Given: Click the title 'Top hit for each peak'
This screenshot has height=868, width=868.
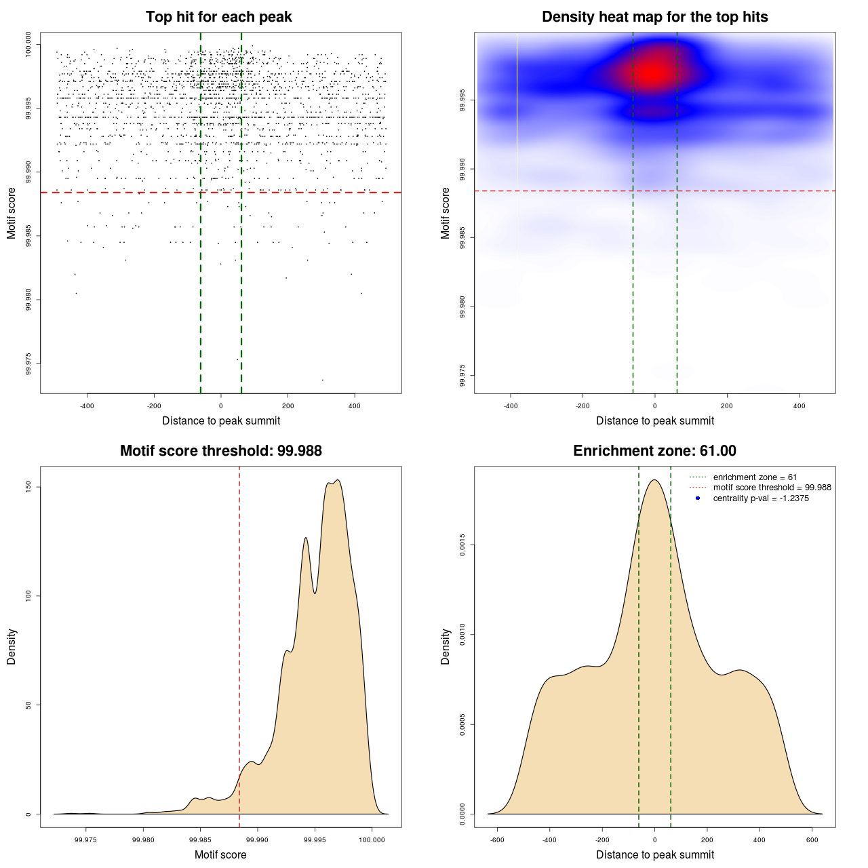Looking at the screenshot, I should click(x=219, y=17).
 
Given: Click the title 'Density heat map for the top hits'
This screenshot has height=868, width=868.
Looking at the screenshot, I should click(x=654, y=17).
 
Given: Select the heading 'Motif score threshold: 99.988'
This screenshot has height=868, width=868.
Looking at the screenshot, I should click(x=220, y=451).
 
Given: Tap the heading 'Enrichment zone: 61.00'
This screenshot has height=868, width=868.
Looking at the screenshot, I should click(x=654, y=451).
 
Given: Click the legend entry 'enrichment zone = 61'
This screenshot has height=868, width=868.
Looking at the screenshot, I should click(x=755, y=477).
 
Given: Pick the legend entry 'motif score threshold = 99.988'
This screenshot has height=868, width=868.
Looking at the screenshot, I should click(x=772, y=488).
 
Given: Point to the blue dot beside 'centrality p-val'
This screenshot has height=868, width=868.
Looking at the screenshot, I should click(x=698, y=498).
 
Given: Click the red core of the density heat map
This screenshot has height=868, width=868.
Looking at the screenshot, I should click(x=652, y=72).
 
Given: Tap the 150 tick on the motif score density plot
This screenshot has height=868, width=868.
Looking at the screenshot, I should click(x=28, y=487).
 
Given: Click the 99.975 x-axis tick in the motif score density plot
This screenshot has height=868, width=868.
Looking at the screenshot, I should click(x=86, y=840).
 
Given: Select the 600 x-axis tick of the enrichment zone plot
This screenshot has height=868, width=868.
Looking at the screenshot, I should click(x=812, y=840).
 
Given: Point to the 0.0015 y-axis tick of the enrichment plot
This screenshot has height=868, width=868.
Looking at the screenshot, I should click(x=462, y=545).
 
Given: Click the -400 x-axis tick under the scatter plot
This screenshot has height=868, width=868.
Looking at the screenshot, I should click(x=87, y=406).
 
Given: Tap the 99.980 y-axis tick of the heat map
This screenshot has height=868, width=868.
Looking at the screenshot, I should click(x=462, y=307).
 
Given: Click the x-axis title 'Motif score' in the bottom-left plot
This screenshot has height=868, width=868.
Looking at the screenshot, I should click(x=220, y=854).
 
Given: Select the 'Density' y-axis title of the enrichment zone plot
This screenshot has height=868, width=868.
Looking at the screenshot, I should click(x=446, y=646).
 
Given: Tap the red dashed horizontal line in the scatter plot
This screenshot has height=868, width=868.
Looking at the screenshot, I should click(x=136, y=193).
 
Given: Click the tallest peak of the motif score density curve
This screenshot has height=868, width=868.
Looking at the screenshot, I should click(x=338, y=481).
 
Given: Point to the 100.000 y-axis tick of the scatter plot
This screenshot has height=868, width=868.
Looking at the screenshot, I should click(x=28, y=45).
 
